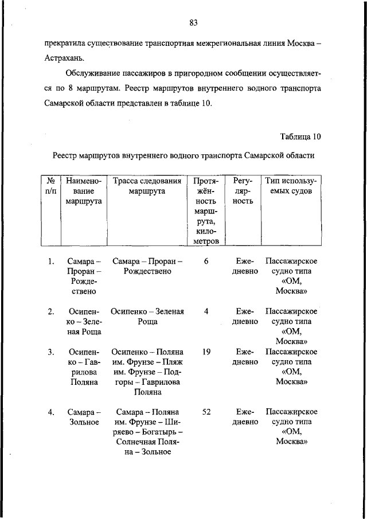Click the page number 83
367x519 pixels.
click(194, 23)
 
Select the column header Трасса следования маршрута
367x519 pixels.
click(147, 186)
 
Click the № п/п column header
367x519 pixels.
click(50, 186)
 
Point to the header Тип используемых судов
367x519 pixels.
click(291, 186)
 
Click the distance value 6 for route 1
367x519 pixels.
click(206, 262)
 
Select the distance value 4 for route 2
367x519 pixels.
click(206, 311)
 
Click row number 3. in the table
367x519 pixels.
click(50, 352)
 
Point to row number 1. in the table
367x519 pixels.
click(50, 262)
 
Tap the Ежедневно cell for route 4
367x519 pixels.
click(244, 417)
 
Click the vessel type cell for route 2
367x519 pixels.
click(291, 326)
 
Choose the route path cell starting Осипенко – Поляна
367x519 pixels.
click(147, 372)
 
